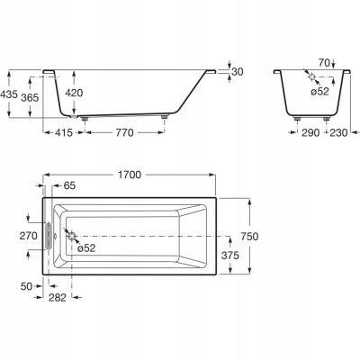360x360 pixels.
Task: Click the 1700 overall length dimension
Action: [130, 175]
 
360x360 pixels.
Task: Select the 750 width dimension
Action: [249, 237]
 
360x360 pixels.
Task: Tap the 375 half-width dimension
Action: [230, 256]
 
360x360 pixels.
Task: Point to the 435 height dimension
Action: [9, 94]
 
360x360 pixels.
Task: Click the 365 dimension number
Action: [30, 97]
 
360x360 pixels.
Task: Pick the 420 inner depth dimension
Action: [74, 93]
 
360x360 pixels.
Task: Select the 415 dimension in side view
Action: [64, 132]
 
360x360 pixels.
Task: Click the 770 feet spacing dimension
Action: [124, 132]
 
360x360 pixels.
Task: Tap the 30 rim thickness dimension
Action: [238, 72]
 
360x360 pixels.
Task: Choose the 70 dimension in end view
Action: [324, 63]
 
